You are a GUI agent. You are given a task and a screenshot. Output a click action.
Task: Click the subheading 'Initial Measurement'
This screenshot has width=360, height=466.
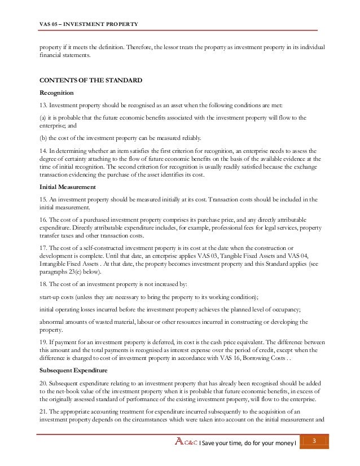67,187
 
